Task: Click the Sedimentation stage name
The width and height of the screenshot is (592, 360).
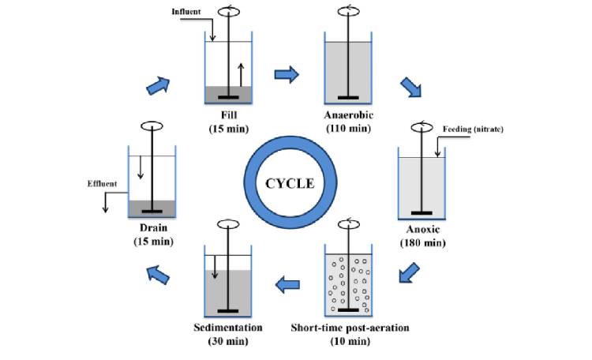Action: click(227, 327)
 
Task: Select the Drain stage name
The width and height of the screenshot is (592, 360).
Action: click(150, 229)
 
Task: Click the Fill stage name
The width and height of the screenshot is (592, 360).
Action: click(228, 115)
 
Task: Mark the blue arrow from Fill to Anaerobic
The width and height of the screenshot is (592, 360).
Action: click(287, 74)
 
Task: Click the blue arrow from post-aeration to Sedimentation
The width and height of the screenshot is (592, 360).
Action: click(287, 282)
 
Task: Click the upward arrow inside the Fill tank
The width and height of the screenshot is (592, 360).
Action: click(240, 74)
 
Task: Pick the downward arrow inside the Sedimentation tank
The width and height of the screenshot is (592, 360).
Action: click(214, 266)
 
